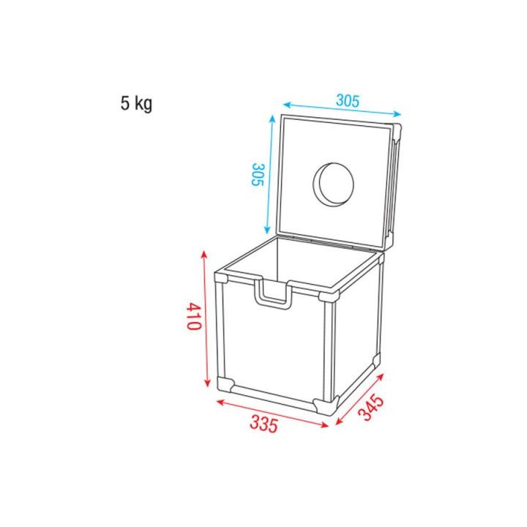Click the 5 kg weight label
click(137, 103)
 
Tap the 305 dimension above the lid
click(348, 101)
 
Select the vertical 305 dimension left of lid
click(256, 174)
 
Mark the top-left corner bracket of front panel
click(222, 278)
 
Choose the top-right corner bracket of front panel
click(327, 296)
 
